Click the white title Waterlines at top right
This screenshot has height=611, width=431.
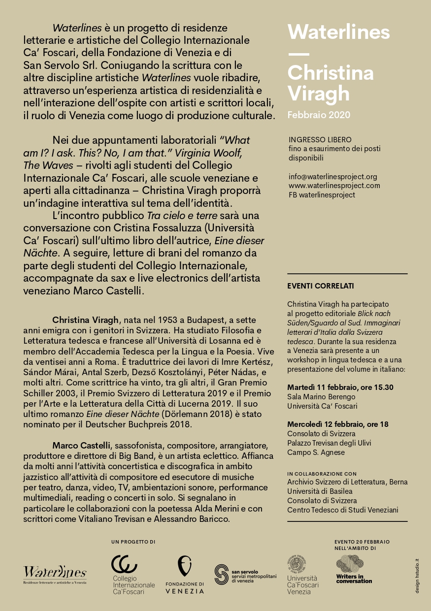tap(338, 32)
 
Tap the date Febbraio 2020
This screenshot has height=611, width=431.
tap(319, 115)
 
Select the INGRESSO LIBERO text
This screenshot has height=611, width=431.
tap(320, 140)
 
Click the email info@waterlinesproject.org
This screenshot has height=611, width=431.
tap(332, 176)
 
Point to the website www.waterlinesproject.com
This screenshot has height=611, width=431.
tap(334, 186)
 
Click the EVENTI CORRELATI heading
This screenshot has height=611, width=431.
tap(320, 286)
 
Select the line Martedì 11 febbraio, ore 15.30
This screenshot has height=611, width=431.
tap(340, 387)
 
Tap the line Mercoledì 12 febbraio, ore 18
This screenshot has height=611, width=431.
tap(337, 424)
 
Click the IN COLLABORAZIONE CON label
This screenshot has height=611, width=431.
tap(322, 474)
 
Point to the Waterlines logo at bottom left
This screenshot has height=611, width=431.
tap(55, 573)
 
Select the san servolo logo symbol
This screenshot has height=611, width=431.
tap(222, 574)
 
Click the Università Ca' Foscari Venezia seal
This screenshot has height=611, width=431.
tap(298, 564)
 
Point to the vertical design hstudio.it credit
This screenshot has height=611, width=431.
tap(417, 576)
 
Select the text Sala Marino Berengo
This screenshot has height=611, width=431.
tap(321, 397)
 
